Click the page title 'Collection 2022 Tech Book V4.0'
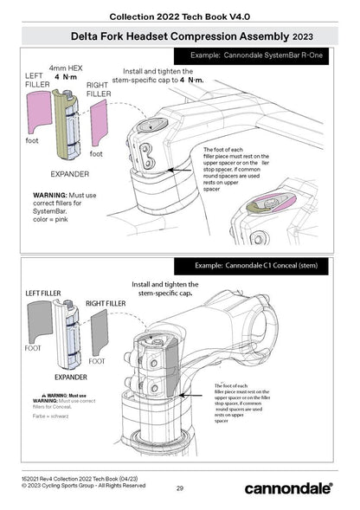pyautogui.click(x=179, y=16)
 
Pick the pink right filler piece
pyautogui.click(x=99, y=121)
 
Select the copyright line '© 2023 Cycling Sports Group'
pyautogui.click(x=84, y=485)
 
